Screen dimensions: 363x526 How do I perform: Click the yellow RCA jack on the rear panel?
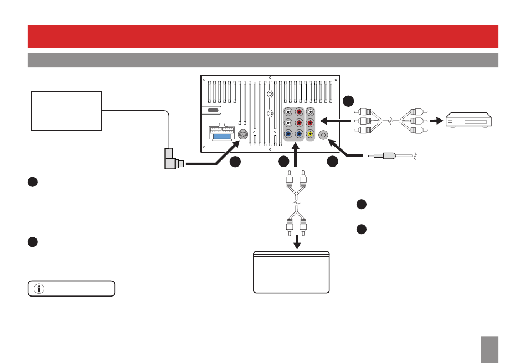click(x=310, y=133)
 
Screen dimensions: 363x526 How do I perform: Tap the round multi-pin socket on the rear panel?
click(x=243, y=133)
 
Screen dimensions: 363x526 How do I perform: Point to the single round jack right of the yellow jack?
click(x=323, y=133)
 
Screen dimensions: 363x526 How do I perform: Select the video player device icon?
click(x=469, y=120)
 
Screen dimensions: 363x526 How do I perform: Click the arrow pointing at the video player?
click(x=438, y=120)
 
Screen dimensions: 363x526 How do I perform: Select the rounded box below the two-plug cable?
click(x=291, y=272)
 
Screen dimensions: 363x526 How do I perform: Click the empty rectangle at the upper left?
click(x=67, y=111)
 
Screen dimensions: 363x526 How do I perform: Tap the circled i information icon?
click(x=39, y=288)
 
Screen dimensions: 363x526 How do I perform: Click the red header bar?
click(x=263, y=36)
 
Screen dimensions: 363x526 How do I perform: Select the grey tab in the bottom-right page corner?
click(x=490, y=350)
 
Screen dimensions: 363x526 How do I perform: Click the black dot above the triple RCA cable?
click(x=348, y=101)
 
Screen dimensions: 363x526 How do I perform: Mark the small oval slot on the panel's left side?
click(x=212, y=110)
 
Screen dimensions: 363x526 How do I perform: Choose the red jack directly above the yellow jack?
click(x=310, y=122)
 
